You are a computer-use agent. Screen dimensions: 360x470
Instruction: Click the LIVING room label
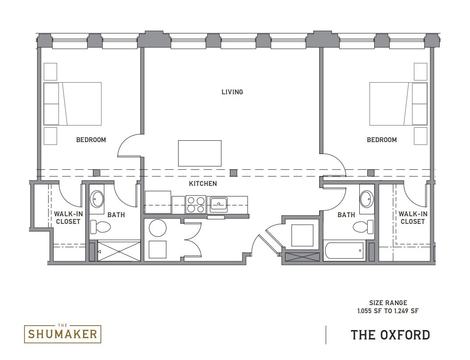(x=232, y=92)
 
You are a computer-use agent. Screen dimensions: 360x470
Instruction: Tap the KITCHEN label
(x=203, y=184)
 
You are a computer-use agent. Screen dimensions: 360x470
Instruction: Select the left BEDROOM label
(x=91, y=140)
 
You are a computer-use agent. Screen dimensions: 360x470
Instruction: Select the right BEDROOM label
(x=382, y=140)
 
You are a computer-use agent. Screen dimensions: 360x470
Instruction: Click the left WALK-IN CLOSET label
(x=68, y=218)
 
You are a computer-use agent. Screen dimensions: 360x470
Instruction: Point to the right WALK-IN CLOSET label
(x=412, y=218)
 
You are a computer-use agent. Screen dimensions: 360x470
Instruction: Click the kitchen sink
(x=219, y=204)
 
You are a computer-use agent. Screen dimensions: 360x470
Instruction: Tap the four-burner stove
(x=195, y=204)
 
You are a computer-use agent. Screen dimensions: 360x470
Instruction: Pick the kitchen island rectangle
(x=200, y=153)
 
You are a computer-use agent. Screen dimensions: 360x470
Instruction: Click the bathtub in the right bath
(x=344, y=251)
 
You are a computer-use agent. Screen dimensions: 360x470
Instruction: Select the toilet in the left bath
(x=100, y=227)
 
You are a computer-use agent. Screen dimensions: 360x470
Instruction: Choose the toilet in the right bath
(x=363, y=227)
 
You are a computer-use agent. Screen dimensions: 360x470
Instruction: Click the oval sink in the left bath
(x=97, y=199)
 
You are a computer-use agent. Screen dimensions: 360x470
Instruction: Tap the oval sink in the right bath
(x=367, y=199)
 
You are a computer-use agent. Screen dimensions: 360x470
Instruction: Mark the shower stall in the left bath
(x=119, y=251)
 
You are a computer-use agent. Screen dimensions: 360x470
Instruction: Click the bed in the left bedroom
(x=73, y=104)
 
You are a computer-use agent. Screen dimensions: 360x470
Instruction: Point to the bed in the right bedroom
(x=398, y=104)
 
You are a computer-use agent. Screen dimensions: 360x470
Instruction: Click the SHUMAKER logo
(x=62, y=333)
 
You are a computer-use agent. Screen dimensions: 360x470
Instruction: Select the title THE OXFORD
(x=390, y=335)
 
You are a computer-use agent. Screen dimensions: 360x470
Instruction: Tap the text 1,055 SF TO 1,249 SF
(x=388, y=311)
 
